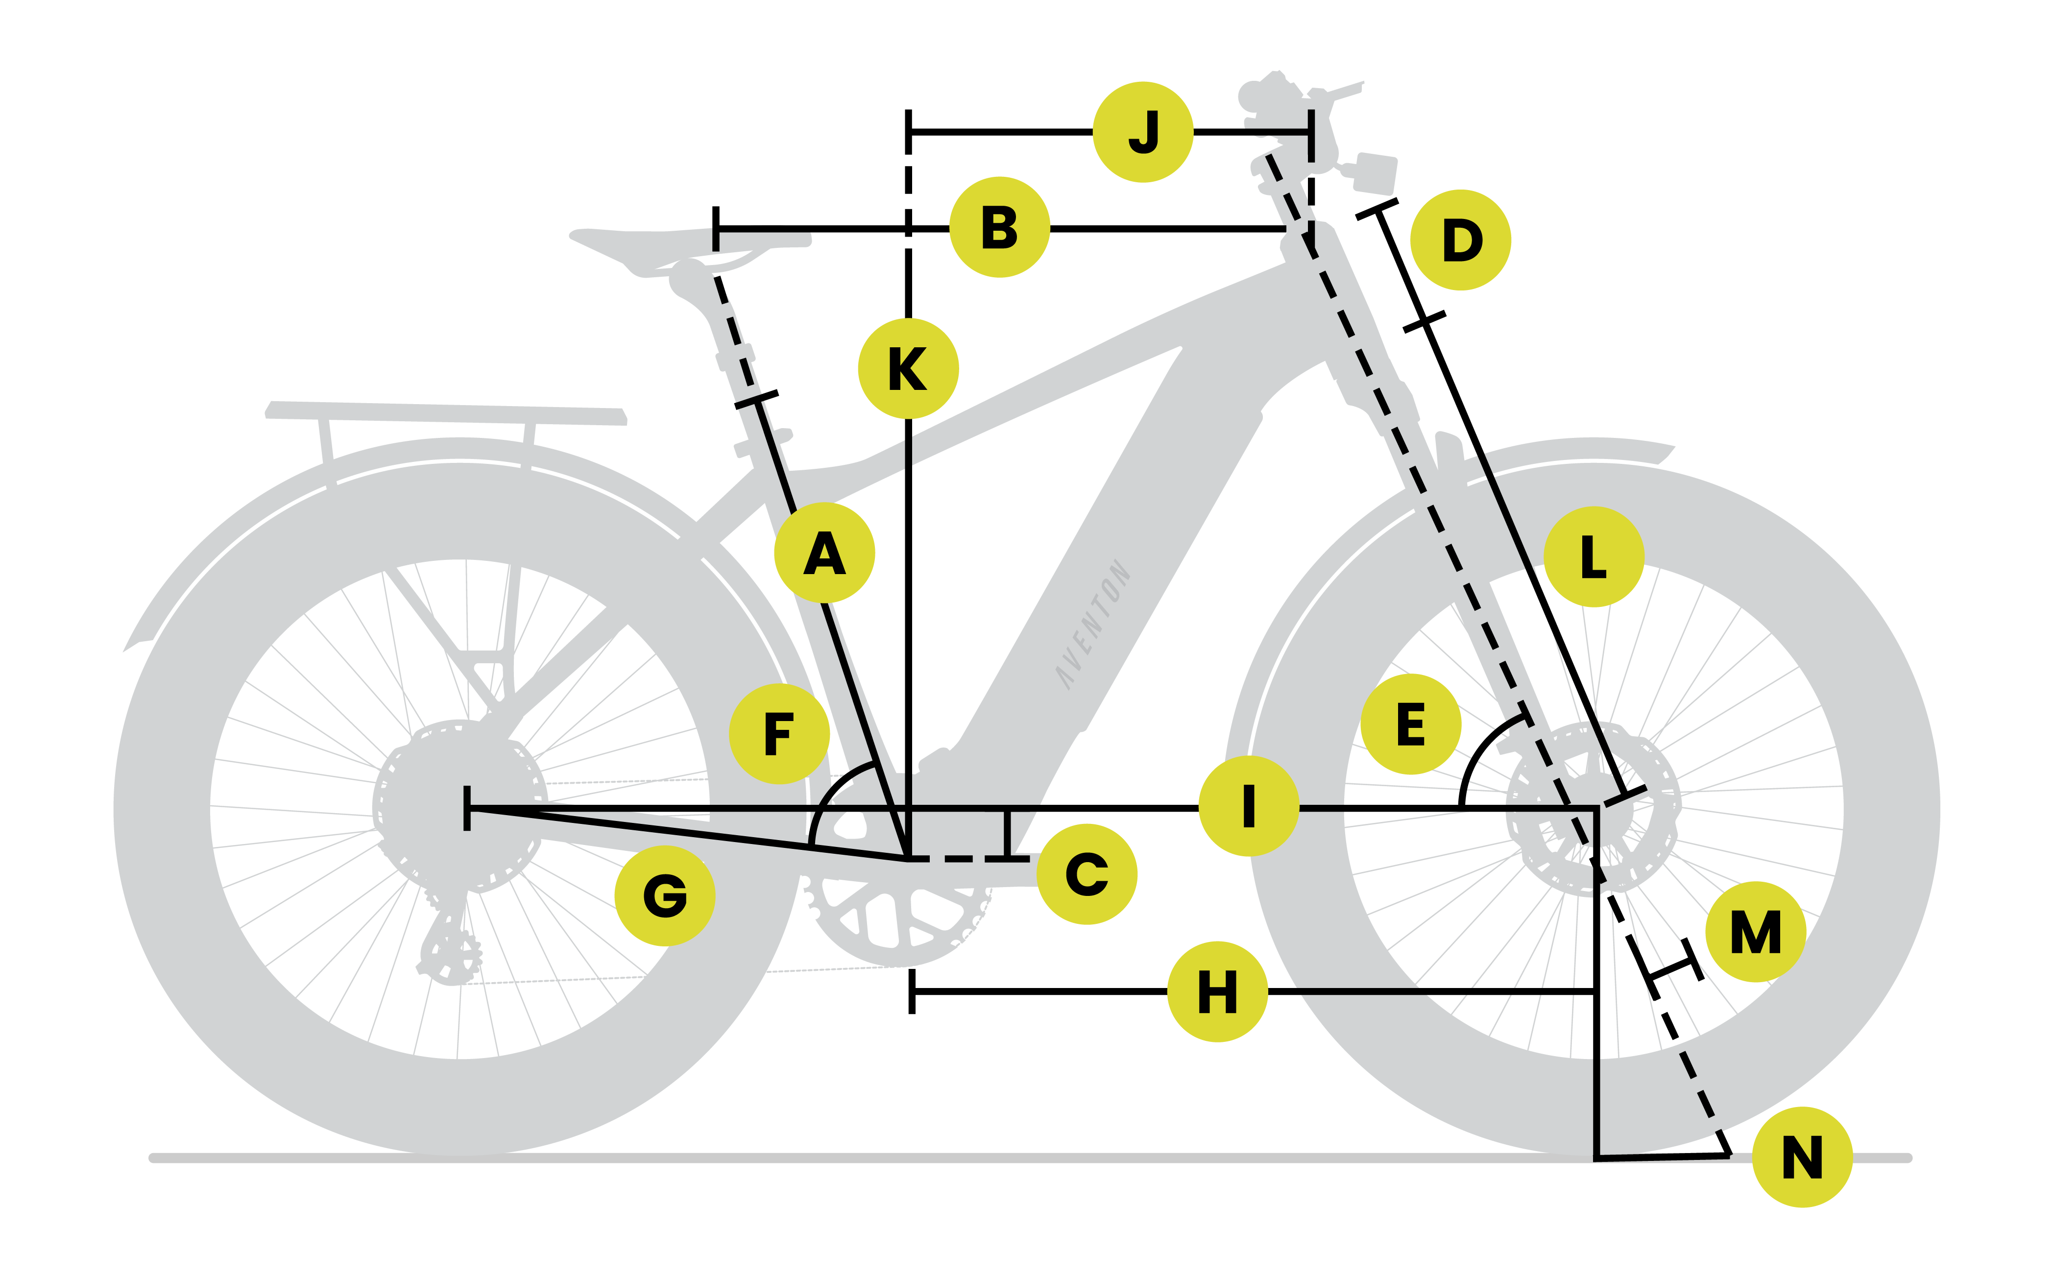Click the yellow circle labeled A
coord(824,553)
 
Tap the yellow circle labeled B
coord(999,227)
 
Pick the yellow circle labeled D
coord(1461,240)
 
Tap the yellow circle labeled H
coord(1217,991)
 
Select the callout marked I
coord(1249,805)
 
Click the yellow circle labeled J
coord(1143,132)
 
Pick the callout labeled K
coord(908,368)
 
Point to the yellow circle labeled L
coord(1594,556)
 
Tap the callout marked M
coord(1756,932)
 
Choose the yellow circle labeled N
coord(1802,1157)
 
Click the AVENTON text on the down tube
coord(1093,623)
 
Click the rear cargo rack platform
coord(446,413)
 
